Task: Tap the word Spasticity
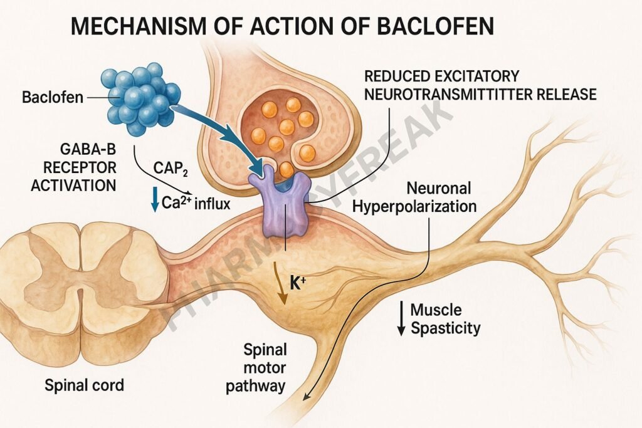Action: (x=446, y=328)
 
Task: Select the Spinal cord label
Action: (x=84, y=385)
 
